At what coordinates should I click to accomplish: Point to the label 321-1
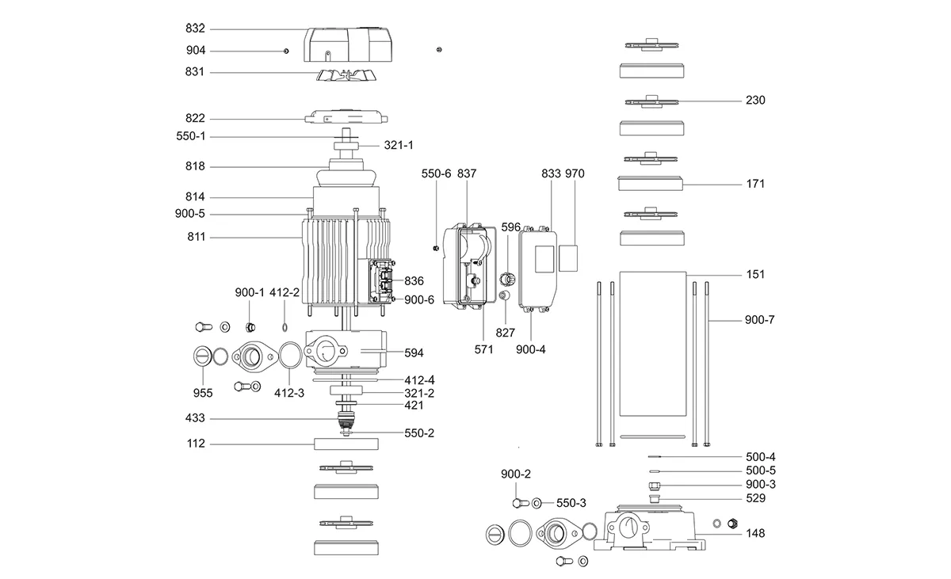pos(399,146)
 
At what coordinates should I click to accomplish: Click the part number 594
pos(414,352)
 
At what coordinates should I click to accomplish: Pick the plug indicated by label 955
pos(202,357)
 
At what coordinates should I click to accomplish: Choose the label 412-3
pos(289,392)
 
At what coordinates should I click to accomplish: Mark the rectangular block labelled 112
pos(346,444)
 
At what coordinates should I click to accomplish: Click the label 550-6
pos(436,173)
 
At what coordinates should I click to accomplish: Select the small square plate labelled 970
pos(568,257)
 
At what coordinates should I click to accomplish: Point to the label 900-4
pos(530,349)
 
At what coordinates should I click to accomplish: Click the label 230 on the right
pos(755,101)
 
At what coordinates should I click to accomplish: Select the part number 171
pos(755,184)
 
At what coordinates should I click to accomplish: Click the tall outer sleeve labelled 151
pos(651,342)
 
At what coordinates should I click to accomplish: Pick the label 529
pos(755,499)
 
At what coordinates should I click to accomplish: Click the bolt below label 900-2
pos(519,503)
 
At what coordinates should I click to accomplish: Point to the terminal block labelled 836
pos(384,280)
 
